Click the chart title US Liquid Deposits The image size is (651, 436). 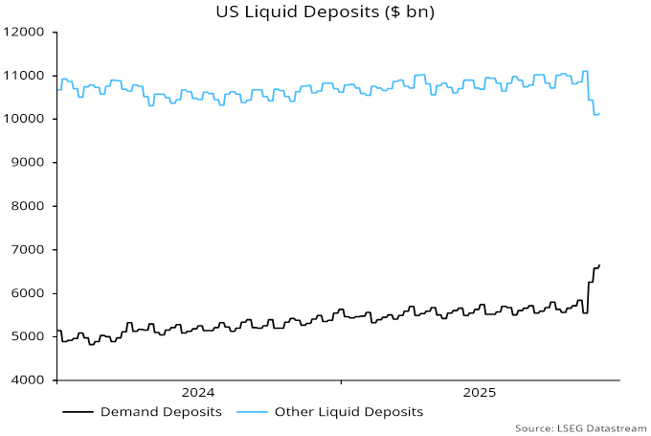(325, 11)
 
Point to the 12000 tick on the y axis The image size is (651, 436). (26, 32)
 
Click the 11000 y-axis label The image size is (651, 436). (26, 76)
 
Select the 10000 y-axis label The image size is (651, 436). (26, 119)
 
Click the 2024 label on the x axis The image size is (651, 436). (198, 392)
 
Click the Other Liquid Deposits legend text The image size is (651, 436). (348, 412)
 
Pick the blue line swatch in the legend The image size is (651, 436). (252, 412)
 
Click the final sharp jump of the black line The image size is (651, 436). (588, 297)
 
